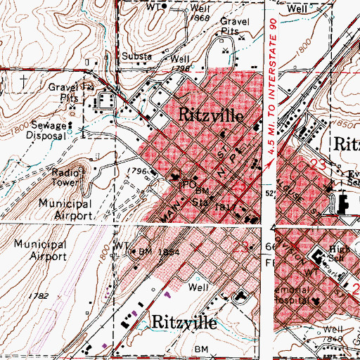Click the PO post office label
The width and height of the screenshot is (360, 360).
(x=187, y=185)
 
